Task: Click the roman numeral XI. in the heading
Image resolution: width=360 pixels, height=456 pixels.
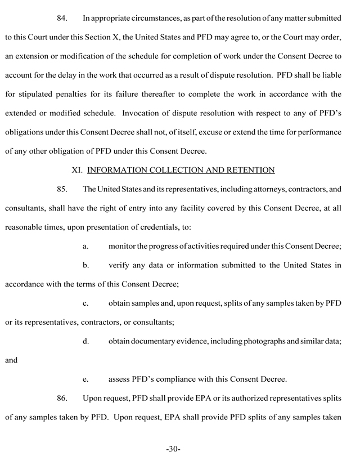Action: click(x=78, y=169)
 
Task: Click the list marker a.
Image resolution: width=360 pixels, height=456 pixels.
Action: click(x=85, y=246)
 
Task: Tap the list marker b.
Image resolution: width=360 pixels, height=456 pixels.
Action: click(x=85, y=266)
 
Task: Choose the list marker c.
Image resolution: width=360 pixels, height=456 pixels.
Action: click(x=85, y=305)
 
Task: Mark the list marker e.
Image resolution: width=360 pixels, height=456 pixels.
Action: click(x=85, y=380)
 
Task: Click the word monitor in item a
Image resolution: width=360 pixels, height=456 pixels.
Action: click(x=124, y=246)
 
